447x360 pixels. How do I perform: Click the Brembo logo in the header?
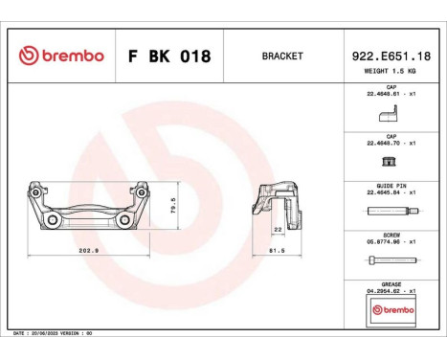pos(60,56)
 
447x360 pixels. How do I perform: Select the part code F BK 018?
pos(168,56)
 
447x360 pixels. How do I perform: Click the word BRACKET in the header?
pos(281,56)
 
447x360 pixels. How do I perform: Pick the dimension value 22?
pos(277,230)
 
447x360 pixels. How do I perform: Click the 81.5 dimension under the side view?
pos(276,252)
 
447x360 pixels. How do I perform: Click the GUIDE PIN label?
pos(390,186)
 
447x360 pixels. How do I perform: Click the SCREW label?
pos(390,236)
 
